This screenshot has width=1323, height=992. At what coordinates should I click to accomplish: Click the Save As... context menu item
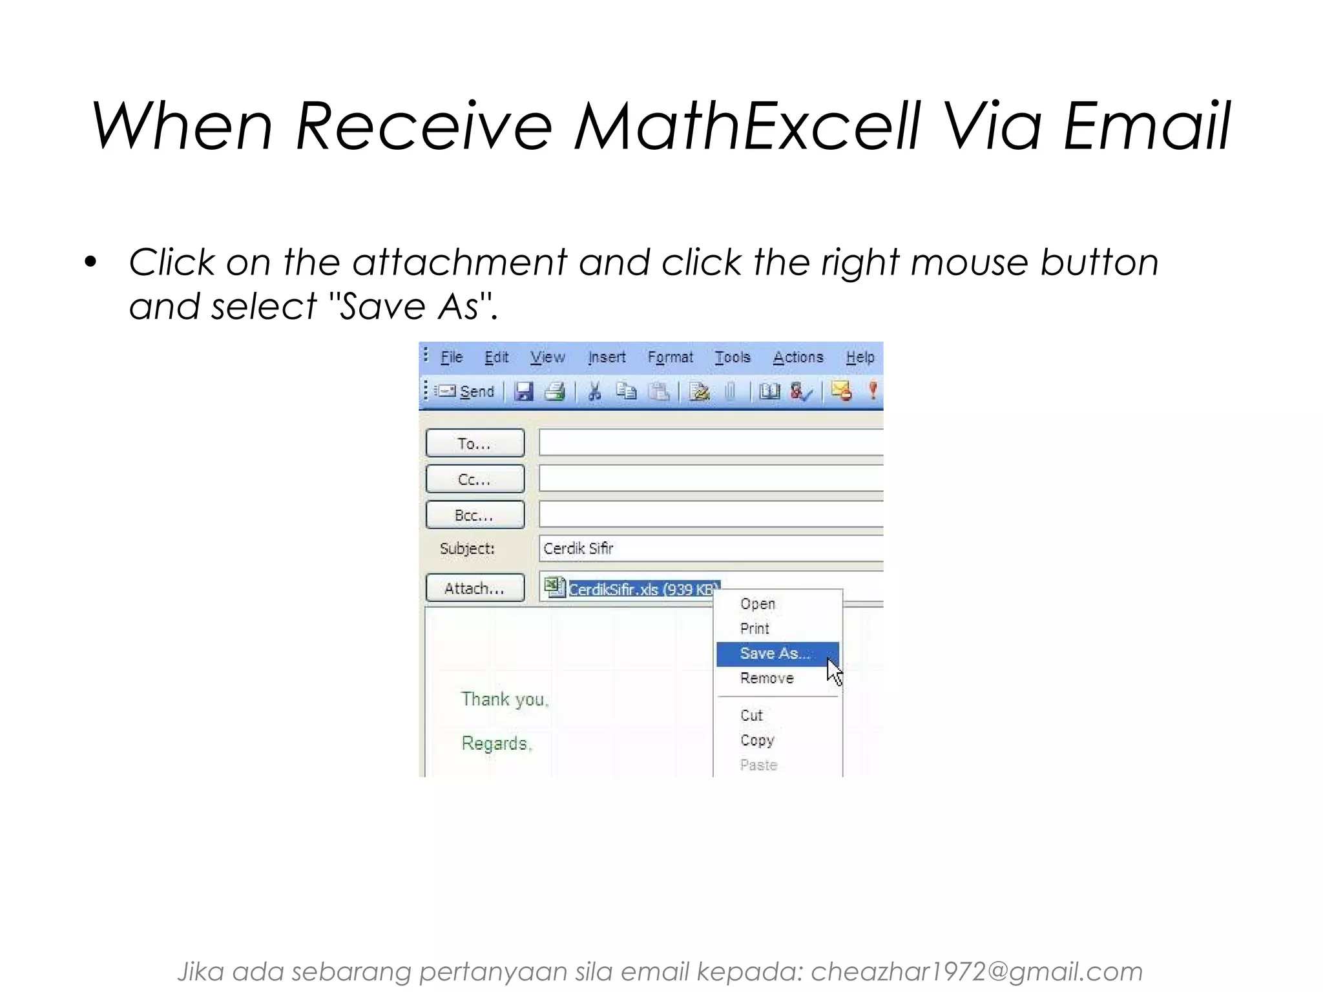coord(775,654)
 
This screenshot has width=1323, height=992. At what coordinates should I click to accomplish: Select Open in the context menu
coord(757,604)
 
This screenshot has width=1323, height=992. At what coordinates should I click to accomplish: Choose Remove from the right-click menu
coord(767,678)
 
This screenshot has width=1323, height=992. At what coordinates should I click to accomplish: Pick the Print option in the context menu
coord(755,628)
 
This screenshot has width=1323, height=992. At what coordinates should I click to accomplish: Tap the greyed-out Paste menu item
coord(758,765)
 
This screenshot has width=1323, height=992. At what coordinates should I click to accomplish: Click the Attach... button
coord(475,588)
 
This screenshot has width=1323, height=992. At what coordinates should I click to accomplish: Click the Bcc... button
coord(475,515)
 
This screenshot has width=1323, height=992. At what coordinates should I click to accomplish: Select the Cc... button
coord(475,479)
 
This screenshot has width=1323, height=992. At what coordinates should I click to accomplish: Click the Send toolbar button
coord(465,391)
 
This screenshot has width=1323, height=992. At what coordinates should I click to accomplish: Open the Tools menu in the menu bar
coord(733,357)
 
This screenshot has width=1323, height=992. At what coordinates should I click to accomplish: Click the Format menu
coord(670,357)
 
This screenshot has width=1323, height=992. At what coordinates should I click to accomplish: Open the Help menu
coord(860,357)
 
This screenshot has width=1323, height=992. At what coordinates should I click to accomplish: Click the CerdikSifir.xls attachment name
coord(642,589)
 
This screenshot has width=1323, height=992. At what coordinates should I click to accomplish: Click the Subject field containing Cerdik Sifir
coord(711,548)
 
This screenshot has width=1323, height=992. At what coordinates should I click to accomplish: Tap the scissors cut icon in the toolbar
coord(594,391)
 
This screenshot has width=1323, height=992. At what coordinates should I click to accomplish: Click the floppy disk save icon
coord(524,391)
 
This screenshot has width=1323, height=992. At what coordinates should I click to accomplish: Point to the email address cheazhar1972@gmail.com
coord(976,971)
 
